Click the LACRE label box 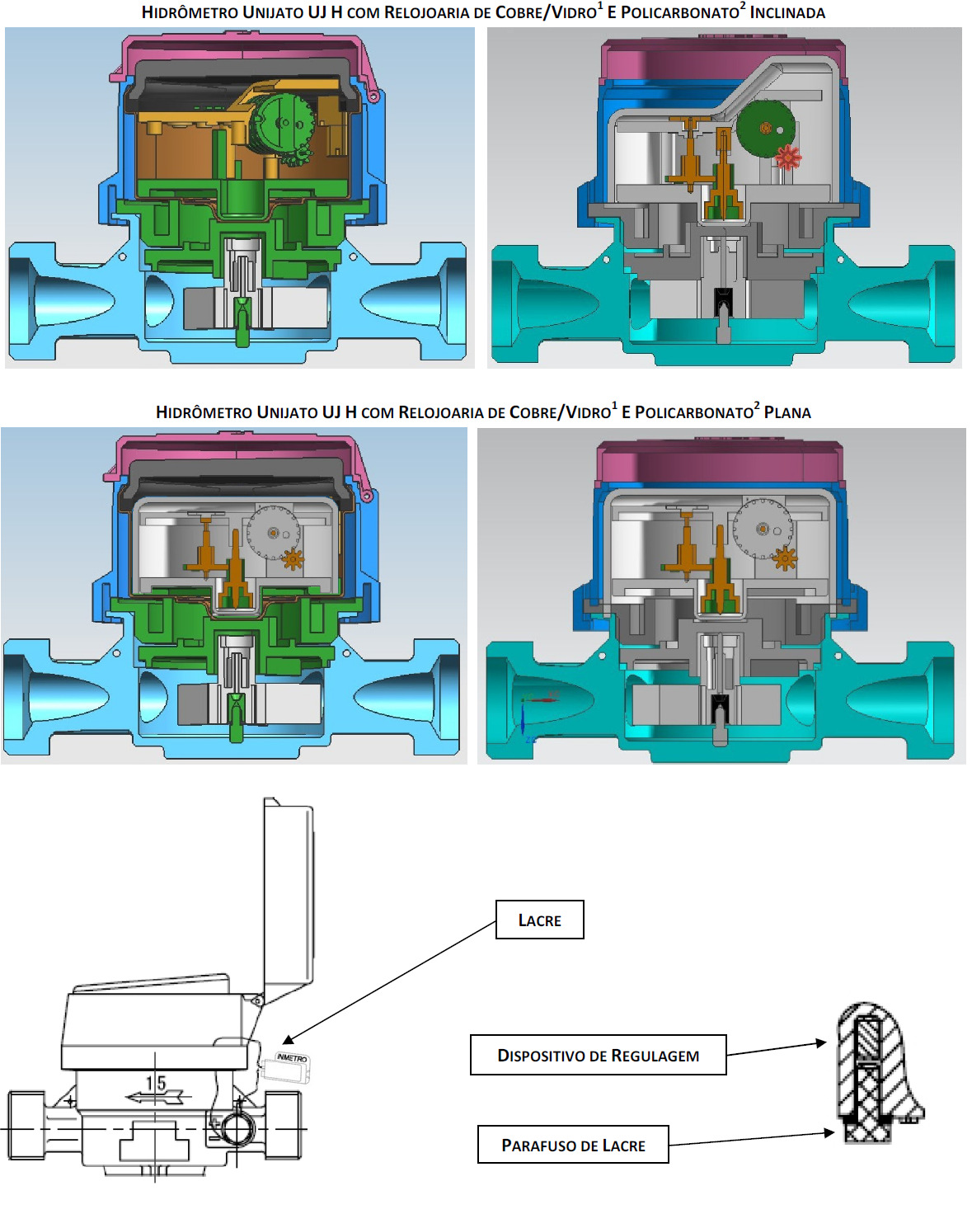(539, 920)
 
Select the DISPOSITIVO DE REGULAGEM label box (598, 1055)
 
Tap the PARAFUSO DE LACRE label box (573, 1145)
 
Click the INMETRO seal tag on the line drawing (287, 1066)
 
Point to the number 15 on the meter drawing (157, 1083)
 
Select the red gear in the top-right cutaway (787, 158)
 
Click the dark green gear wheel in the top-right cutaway (766, 129)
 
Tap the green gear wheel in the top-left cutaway (282, 123)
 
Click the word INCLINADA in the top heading (787, 12)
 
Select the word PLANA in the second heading (787, 412)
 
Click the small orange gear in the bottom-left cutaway (293, 559)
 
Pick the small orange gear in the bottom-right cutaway (785, 558)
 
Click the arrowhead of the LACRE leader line (287, 1040)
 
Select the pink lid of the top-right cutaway (722, 62)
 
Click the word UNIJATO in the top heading (273, 12)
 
